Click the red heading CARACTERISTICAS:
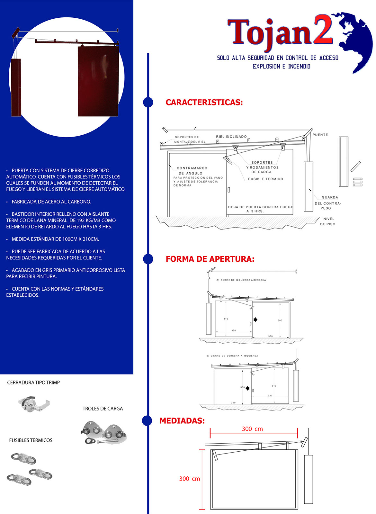pos(204,103)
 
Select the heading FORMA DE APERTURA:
pos(210,259)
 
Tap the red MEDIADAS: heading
pos(182,421)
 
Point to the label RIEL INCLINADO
pos(231,137)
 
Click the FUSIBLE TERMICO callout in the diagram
pos(265,179)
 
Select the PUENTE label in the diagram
pos(320,135)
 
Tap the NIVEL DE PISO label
pos(328,221)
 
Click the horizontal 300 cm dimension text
pos(252,429)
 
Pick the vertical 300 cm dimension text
pos(190,479)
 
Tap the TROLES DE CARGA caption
pos(103,409)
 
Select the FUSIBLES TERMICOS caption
pos(31,441)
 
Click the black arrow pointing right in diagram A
pos(255,320)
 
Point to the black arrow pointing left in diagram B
pos(247,388)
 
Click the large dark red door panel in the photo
pos(98,81)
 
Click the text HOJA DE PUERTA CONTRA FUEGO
pos(260,207)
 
